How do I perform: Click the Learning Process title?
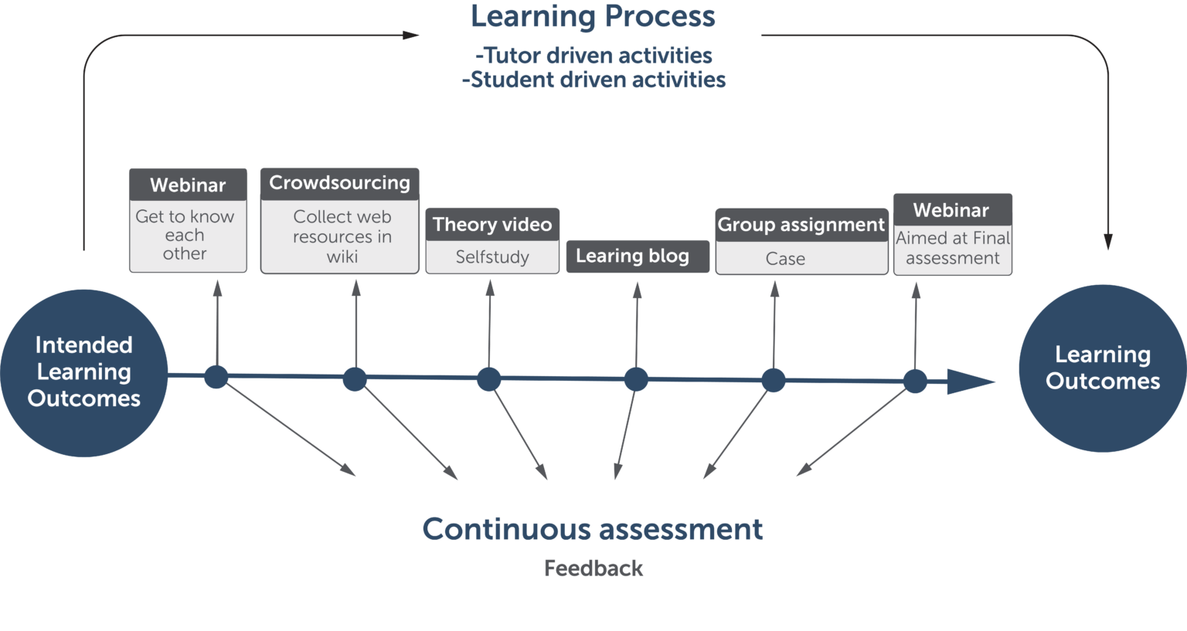click(x=593, y=17)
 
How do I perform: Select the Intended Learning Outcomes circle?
click(x=83, y=372)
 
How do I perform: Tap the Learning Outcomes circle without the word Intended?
click(x=1102, y=368)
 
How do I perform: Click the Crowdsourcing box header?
click(x=339, y=183)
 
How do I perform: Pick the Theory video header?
click(x=492, y=225)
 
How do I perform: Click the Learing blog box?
click(x=637, y=256)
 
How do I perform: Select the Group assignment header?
click(x=801, y=225)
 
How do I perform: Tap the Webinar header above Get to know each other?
click(x=188, y=185)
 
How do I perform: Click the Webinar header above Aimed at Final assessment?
click(x=951, y=210)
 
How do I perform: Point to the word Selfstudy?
click(x=492, y=257)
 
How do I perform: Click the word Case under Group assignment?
click(x=785, y=259)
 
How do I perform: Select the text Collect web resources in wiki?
click(x=342, y=236)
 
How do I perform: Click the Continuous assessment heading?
click(x=593, y=530)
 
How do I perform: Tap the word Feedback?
click(x=593, y=569)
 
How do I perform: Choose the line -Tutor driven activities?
click(x=593, y=56)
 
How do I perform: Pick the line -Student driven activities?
click(x=593, y=80)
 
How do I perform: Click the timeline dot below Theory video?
click(x=488, y=379)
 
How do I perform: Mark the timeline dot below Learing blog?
click(x=636, y=379)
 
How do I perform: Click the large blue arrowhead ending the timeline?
click(x=969, y=382)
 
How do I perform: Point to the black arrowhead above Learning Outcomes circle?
click(x=1107, y=241)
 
